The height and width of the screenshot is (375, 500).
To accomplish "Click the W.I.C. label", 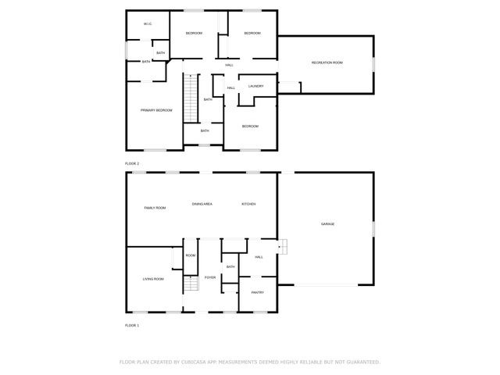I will tap(147, 24).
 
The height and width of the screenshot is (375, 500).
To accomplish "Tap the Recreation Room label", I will tap(327, 62).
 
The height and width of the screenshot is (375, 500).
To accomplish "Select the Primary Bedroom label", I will tap(156, 110).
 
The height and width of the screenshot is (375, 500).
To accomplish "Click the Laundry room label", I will tap(255, 86).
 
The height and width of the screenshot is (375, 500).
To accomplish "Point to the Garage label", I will tap(327, 224).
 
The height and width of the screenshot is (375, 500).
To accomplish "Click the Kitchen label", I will tap(248, 204).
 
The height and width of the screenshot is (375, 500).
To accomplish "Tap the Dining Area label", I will tap(202, 204).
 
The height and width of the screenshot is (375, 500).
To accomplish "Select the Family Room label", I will tap(155, 208).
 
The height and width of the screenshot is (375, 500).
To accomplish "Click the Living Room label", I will tap(153, 279).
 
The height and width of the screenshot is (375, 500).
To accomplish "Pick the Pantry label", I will tap(258, 292).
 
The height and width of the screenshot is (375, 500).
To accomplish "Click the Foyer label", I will tap(210, 277).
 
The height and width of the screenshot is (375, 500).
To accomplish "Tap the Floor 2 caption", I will tap(132, 163).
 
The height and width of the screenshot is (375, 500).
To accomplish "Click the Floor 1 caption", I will tap(132, 324).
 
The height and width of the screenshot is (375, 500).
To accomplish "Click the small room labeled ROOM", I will tap(191, 255).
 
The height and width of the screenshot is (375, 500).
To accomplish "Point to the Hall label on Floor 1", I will tap(259, 256).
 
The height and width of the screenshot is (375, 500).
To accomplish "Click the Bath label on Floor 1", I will tap(230, 267).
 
